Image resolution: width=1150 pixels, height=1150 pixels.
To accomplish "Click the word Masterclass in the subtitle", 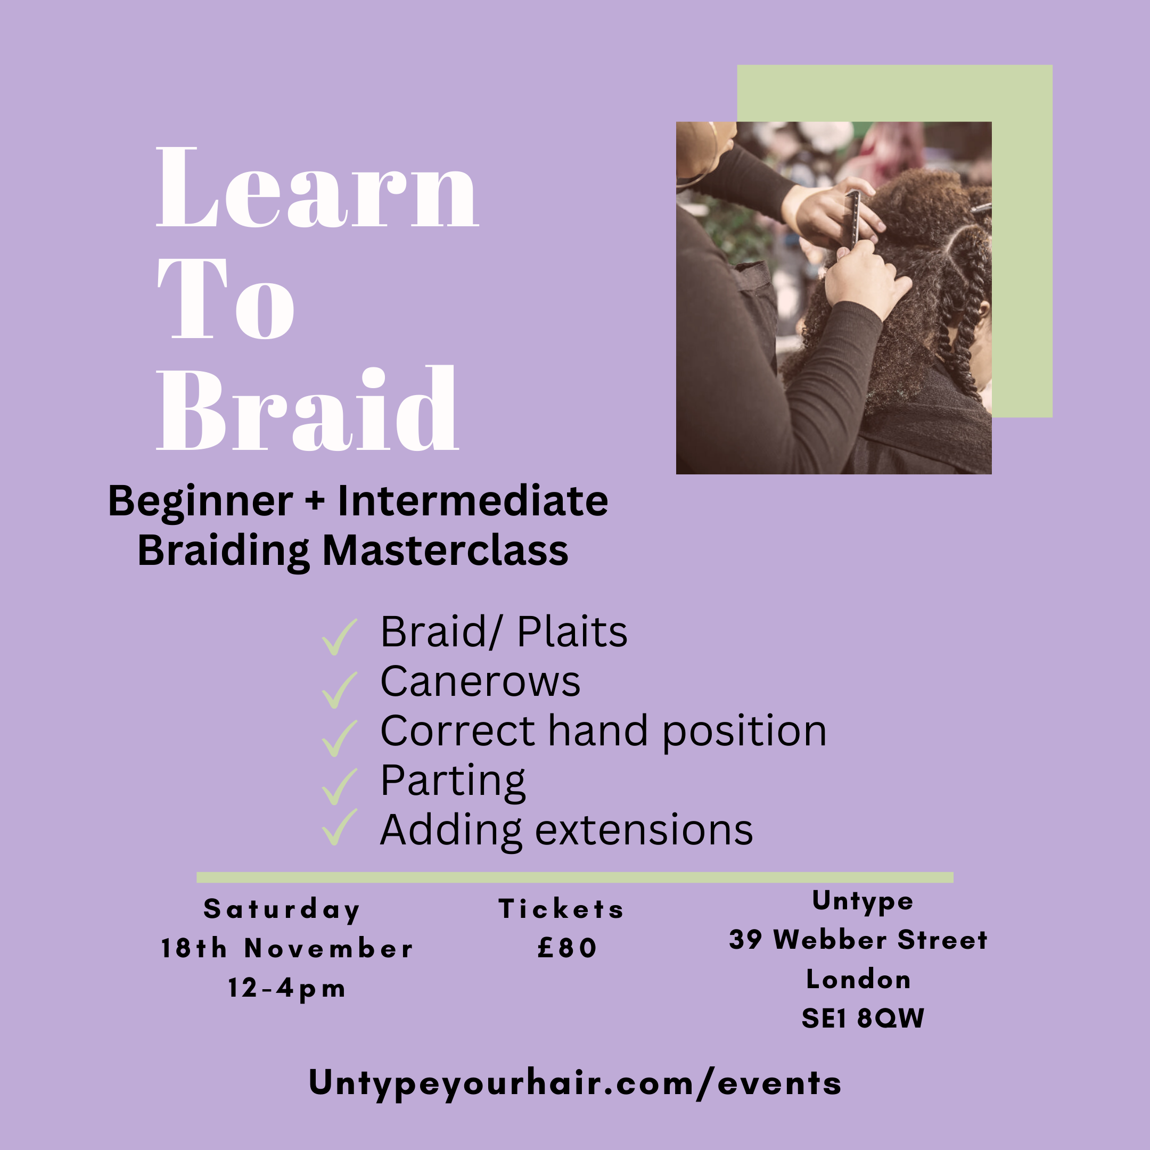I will [x=445, y=551].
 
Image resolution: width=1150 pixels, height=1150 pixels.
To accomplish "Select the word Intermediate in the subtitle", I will [x=473, y=501].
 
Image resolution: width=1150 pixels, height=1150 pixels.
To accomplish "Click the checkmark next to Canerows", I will [x=339, y=690].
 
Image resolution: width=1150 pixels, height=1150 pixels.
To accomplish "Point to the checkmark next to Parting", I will [x=339, y=786].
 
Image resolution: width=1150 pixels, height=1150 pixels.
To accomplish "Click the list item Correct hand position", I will [x=603, y=731].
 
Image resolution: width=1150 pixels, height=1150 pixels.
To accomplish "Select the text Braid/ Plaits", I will [x=504, y=631].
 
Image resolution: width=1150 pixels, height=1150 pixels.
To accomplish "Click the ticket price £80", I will [x=566, y=948].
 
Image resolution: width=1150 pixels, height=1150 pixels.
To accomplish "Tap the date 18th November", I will [x=287, y=948].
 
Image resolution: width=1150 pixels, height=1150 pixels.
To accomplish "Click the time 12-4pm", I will [x=287, y=989].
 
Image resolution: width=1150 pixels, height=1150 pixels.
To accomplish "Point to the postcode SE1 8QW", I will [x=862, y=1018].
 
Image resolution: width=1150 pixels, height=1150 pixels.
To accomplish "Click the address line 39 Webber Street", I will [x=858, y=940].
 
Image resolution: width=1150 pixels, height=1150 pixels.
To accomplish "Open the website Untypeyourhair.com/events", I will [x=575, y=1083].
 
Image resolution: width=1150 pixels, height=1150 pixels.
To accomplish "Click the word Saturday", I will [x=282, y=909].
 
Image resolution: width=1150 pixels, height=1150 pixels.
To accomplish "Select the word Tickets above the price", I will [x=561, y=909].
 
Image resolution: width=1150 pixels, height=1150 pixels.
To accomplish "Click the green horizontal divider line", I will [x=575, y=877].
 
